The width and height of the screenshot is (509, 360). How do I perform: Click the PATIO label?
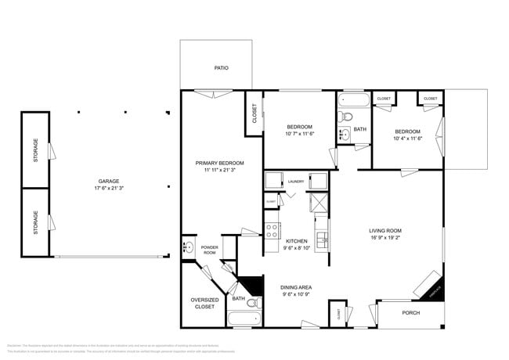222,68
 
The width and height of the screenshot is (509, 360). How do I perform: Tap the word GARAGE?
108,181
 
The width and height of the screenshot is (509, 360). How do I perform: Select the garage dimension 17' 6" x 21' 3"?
108,189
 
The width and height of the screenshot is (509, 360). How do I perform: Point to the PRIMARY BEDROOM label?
220,163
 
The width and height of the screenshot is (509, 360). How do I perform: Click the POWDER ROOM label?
209,250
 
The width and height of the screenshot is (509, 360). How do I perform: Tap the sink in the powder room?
188,248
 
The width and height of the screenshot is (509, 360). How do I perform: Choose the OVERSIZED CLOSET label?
204,304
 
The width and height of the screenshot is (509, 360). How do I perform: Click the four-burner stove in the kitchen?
273,230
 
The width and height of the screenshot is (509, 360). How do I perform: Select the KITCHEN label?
296,241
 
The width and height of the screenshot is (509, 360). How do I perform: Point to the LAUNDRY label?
296,182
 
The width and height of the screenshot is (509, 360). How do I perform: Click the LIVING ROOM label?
385,230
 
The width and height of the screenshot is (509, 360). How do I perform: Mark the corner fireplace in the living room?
431,285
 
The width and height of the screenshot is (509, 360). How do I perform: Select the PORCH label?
410,313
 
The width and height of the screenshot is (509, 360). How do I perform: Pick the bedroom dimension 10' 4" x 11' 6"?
407,139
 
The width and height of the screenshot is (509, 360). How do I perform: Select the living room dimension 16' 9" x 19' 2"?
385,238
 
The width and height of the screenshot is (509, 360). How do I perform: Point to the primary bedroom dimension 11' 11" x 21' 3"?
220,171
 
